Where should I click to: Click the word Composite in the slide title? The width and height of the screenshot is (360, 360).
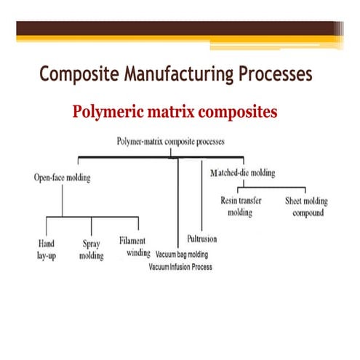click(76, 74)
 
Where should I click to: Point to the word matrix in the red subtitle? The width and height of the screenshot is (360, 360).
click(178, 113)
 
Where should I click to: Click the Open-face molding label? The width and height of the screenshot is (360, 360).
click(63, 176)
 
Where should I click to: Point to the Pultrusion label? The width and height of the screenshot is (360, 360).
click(201, 238)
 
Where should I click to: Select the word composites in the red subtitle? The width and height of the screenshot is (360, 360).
click(241, 113)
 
